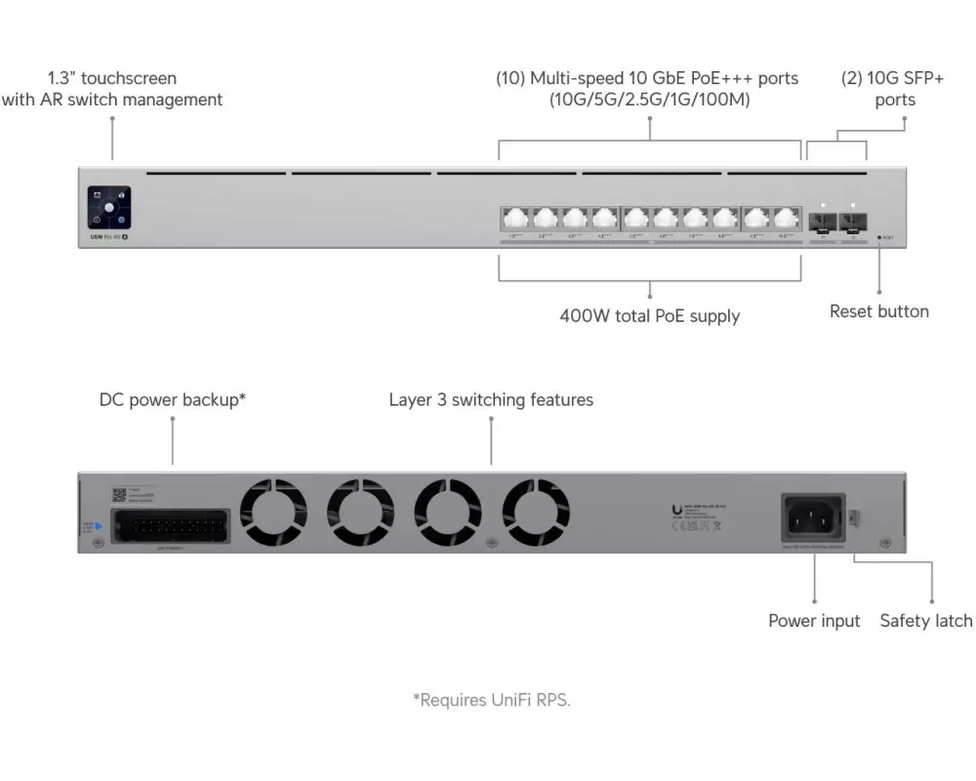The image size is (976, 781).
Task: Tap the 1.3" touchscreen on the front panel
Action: point(108,209)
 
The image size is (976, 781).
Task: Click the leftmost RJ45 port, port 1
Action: point(514,219)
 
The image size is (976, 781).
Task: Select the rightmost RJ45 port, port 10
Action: point(787,219)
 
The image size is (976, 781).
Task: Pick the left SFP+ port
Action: point(824,220)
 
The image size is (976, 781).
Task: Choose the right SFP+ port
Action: point(854,220)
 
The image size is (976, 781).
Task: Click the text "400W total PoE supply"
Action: point(649,315)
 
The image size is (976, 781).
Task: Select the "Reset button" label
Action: point(878,311)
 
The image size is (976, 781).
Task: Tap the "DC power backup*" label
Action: point(172,400)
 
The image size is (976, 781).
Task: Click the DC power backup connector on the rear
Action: point(172,525)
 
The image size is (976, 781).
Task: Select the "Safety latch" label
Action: point(925,621)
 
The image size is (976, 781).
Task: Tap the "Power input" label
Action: point(814,621)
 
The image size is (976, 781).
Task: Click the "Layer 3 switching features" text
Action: point(490,400)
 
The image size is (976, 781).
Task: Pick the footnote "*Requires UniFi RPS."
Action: point(490,699)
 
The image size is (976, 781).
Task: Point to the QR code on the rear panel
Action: point(119,495)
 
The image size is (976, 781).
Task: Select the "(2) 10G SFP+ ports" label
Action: point(893,89)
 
